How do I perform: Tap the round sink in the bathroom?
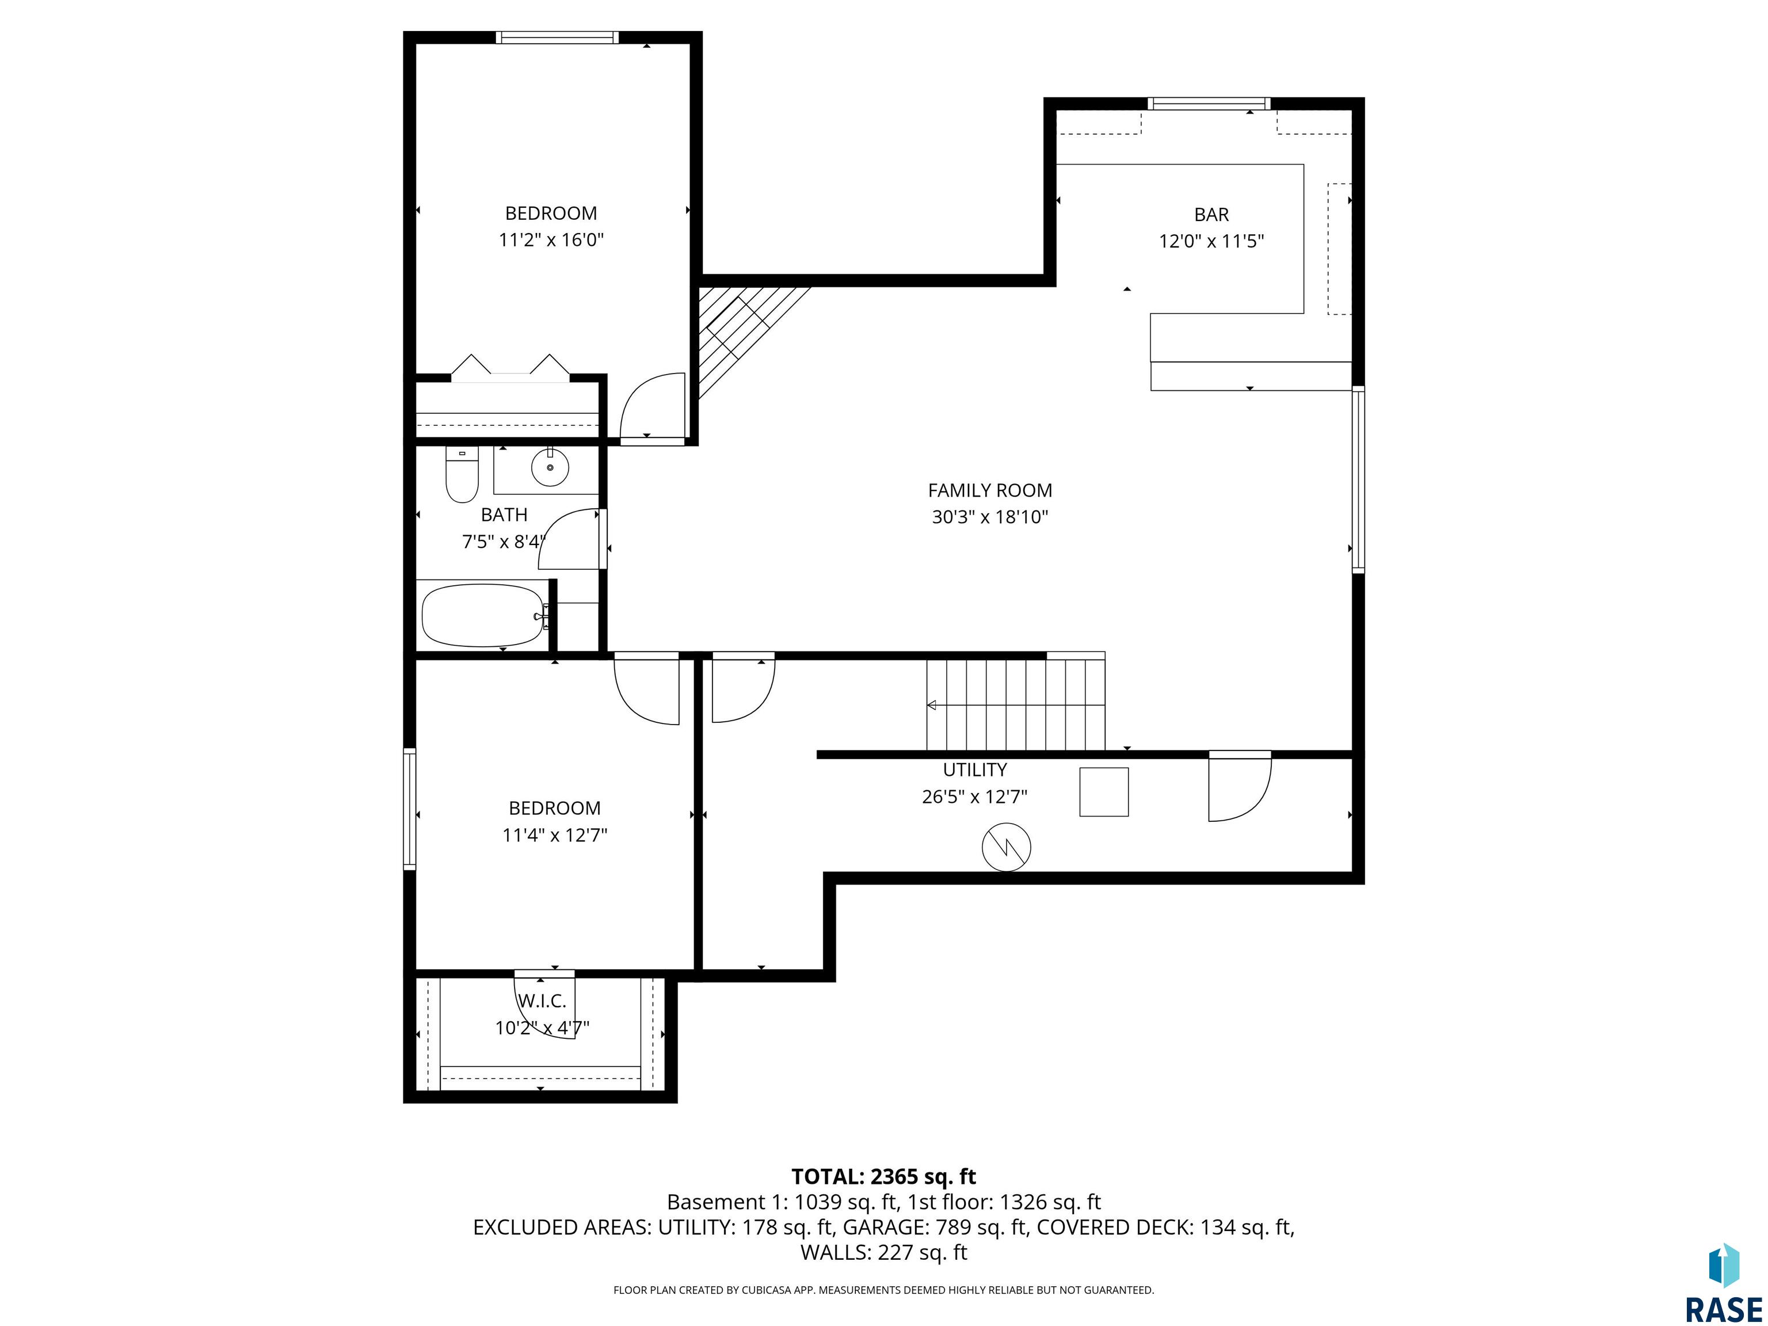550,467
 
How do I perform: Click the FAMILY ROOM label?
989,490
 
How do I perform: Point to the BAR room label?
1211,214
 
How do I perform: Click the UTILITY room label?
974,769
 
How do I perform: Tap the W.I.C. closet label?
542,1001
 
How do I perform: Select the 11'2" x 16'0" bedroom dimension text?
551,240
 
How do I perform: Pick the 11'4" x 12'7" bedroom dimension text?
555,835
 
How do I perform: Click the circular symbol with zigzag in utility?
1005,847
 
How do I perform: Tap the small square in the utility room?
1104,792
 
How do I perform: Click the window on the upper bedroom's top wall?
557,37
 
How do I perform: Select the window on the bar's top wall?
1209,103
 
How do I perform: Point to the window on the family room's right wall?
1358,479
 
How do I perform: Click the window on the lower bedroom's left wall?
409,809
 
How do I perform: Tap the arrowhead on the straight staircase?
932,705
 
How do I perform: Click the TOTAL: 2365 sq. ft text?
883,1176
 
